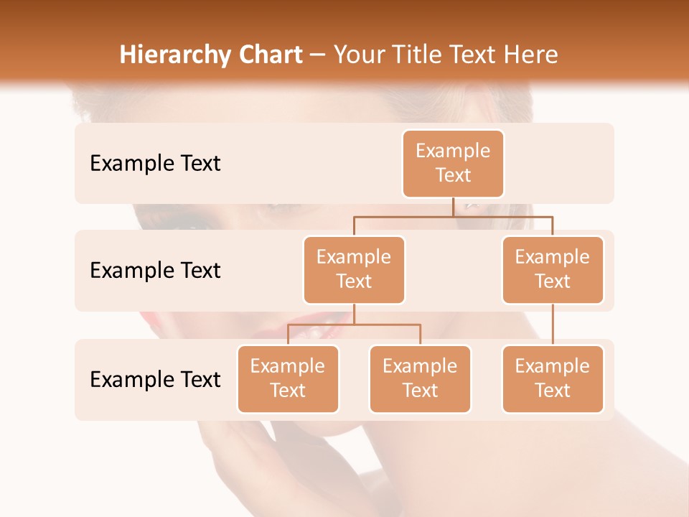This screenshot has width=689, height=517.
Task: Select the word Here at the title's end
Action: (532, 55)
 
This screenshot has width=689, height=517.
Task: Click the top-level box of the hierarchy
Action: (453, 163)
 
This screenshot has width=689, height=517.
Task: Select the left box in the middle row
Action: (354, 269)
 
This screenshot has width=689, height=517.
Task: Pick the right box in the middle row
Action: (553, 269)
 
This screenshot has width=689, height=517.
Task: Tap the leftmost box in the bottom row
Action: (288, 378)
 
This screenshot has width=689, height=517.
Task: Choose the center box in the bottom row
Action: (420, 378)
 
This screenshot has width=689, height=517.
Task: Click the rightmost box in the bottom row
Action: (553, 378)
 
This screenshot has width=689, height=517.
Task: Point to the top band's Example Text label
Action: (155, 164)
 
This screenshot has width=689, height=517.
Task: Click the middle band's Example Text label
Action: (155, 271)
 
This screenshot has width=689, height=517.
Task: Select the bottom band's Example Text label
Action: (155, 379)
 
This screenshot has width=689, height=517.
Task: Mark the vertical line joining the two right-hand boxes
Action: (553, 325)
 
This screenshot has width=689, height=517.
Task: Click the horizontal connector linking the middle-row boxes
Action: (502, 215)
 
